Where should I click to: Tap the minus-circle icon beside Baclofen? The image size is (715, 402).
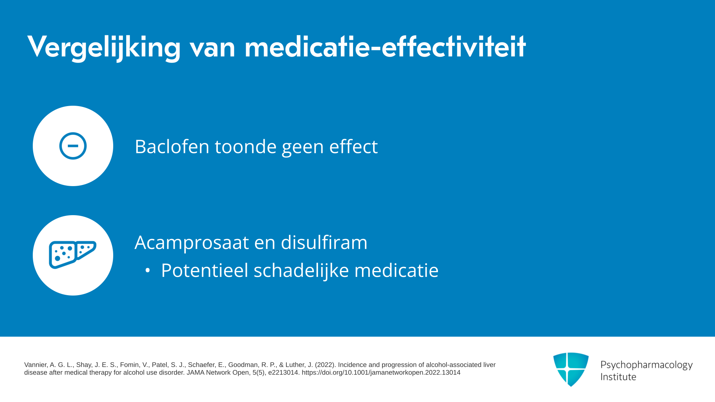[x=73, y=146]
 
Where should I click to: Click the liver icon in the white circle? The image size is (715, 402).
[x=73, y=255]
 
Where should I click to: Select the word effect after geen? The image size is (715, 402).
[x=353, y=146]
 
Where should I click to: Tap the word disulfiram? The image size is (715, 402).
[x=324, y=242]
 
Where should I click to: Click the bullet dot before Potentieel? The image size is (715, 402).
[x=147, y=271]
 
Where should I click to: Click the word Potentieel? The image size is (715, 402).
[x=204, y=270]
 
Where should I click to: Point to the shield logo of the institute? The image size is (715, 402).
[x=571, y=369]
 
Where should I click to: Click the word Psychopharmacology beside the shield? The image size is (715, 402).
[x=646, y=365]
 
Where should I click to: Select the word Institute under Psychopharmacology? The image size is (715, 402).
[x=618, y=377]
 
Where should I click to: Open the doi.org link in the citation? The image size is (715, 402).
[x=381, y=373]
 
